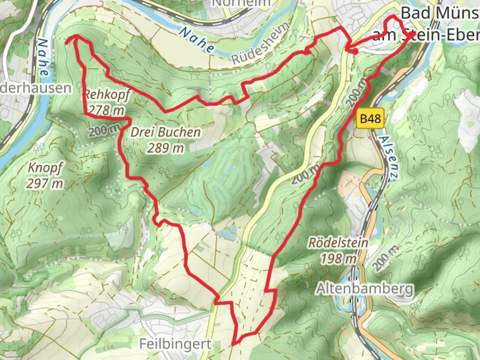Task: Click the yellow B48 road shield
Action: [370, 118]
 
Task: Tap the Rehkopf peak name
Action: [106, 95]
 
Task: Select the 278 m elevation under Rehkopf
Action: [106, 110]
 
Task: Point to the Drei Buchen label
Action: [165, 132]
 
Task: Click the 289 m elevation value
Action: [165, 148]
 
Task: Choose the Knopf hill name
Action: [45, 168]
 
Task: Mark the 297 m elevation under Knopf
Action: [45, 183]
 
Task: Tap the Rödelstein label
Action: [338, 243]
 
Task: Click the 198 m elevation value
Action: [338, 258]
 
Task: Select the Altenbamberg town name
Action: [365, 289]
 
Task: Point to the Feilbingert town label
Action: [175, 344]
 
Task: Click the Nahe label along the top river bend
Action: [197, 40]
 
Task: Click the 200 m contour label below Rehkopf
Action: [104, 130]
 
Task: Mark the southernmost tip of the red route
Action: [233, 343]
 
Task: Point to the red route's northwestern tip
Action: [67, 41]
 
